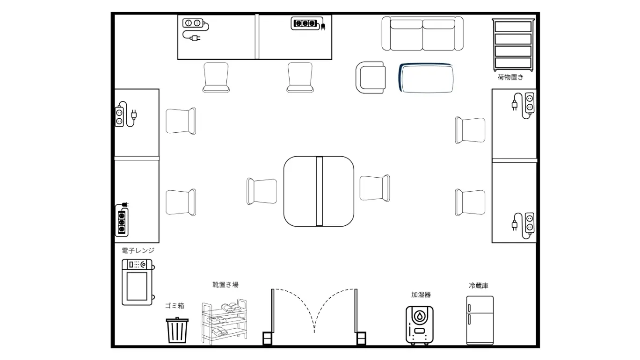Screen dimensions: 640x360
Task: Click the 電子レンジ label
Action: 138,251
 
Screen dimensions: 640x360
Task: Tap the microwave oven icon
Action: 138,282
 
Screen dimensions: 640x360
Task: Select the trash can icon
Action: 177,330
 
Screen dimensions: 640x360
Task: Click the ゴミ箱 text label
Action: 175,306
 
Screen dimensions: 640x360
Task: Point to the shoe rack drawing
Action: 224,322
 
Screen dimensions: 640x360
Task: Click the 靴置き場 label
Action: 225,285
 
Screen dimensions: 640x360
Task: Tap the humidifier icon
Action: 420,325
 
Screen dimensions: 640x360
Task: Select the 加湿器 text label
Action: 421,295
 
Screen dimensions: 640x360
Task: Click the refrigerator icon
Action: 480,320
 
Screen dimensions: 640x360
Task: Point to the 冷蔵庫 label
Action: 479,286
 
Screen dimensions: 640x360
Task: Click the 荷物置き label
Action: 510,77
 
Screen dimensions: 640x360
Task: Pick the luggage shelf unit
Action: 513,45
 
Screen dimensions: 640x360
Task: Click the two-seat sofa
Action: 422,33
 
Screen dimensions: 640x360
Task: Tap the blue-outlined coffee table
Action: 426,78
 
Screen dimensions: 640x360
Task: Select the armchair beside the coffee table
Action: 371,77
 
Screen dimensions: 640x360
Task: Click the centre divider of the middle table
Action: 319,191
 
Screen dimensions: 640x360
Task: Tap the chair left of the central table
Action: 262,191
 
